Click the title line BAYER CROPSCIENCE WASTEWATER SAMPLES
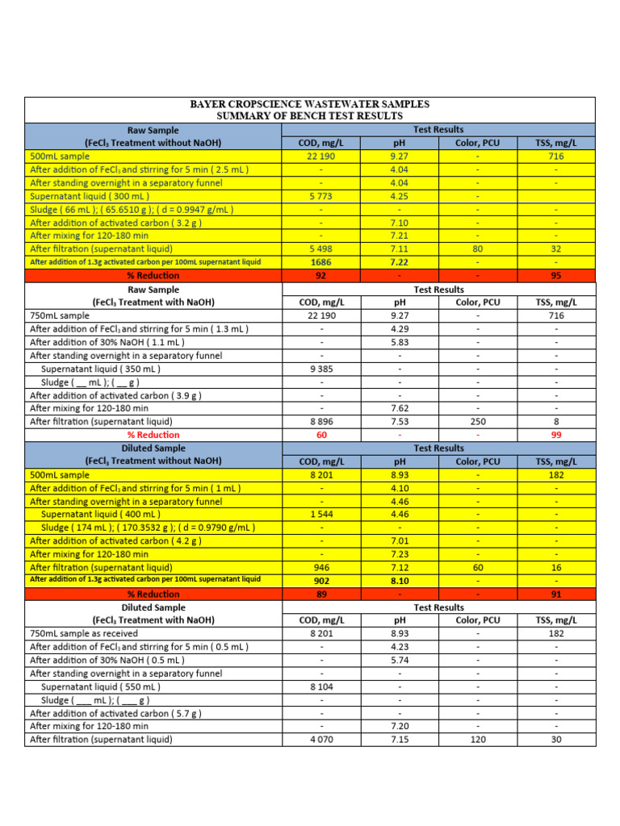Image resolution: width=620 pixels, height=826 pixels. coord(309,104)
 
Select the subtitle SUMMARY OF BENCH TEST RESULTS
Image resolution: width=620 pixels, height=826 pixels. coord(309,116)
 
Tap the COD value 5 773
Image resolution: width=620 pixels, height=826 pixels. coord(321,196)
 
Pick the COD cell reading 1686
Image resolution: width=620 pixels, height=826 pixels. coord(321,262)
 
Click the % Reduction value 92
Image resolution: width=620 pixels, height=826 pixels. coord(321,276)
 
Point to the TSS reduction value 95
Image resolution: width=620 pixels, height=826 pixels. coord(555,276)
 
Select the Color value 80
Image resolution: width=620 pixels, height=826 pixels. coord(477,249)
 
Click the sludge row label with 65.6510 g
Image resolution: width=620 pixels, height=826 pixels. coord(132,209)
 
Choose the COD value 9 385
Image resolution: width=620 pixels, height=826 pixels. coord(321,369)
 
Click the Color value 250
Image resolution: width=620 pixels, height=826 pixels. coord(477,421)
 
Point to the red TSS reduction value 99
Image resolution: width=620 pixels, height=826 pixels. coord(555,435)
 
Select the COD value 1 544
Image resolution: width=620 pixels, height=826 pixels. coord(321,514)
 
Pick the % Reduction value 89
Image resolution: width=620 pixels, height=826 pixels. coord(321,594)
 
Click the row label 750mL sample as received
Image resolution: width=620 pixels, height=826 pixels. coord(83,633)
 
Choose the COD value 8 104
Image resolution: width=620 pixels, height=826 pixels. coord(321,686)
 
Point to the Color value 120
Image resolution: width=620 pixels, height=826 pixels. coord(477,739)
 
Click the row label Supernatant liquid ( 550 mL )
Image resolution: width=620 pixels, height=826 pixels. coord(100,686)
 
